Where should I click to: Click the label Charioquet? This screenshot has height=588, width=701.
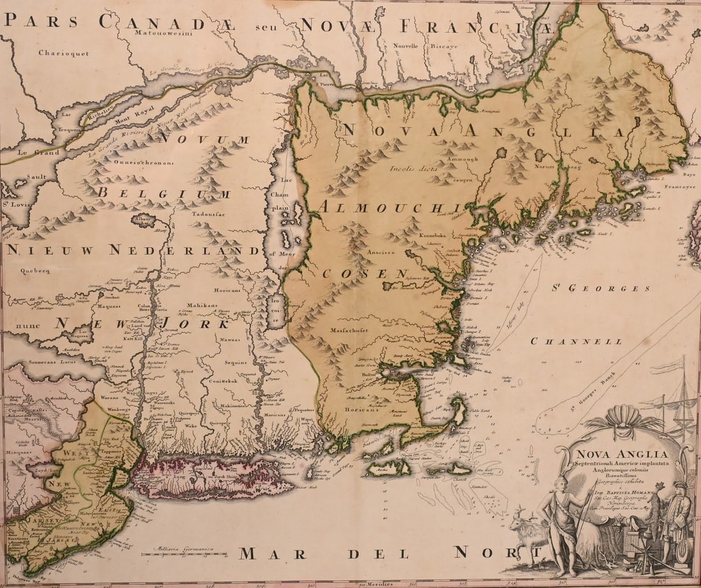pos(63,54)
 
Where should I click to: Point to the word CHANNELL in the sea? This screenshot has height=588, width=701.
pos(576,341)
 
